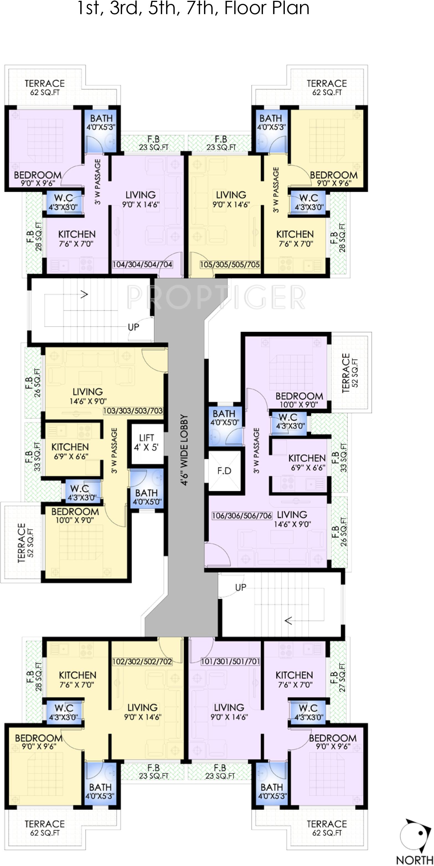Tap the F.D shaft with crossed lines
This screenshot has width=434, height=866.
coord(224,471)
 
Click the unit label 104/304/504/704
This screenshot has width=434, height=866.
coord(142,265)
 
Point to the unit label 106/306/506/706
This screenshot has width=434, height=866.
coord(242,515)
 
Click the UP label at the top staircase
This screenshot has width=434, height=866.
coord(133,327)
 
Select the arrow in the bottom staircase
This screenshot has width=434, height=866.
coord(288,621)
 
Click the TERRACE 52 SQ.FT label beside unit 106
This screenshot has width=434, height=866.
coord(350,373)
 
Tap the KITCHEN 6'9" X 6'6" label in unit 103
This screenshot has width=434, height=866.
coord(70,451)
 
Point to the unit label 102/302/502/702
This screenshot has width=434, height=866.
coord(142,662)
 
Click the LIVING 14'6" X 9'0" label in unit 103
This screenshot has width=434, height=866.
coord(88,396)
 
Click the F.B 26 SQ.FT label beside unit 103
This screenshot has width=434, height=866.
coord(33,383)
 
